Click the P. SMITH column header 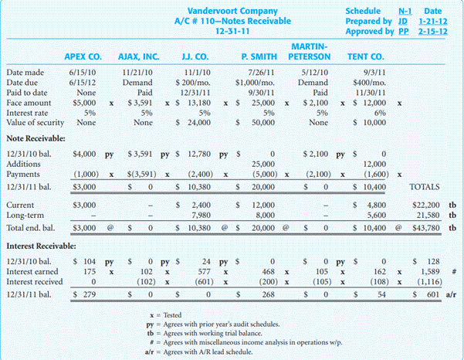pyautogui.click(x=259, y=56)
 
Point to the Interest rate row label pyautogui.click(x=29, y=111)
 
